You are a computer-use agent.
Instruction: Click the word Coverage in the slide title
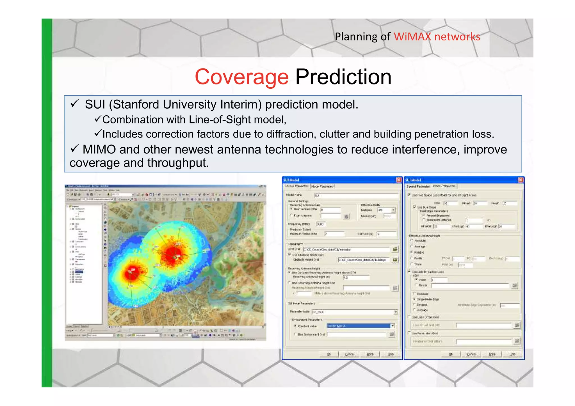[x=241, y=77]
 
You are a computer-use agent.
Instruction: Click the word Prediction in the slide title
[x=343, y=77]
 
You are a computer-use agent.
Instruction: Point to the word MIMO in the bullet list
[x=99, y=149]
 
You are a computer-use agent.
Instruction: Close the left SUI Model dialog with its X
[x=399, y=180]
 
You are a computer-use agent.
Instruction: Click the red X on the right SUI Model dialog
[x=520, y=180]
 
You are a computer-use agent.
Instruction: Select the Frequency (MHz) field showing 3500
[x=321, y=224]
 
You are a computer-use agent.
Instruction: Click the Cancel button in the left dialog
[x=350, y=354]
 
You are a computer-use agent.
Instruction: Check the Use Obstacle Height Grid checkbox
[x=289, y=254]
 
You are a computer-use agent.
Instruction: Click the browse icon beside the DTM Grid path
[x=395, y=249]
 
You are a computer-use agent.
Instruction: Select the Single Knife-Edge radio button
[x=414, y=299]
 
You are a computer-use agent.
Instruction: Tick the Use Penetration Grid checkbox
[x=409, y=333]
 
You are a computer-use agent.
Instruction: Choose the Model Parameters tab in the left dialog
[x=322, y=186]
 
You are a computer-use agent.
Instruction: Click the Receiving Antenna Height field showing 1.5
[x=356, y=277]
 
